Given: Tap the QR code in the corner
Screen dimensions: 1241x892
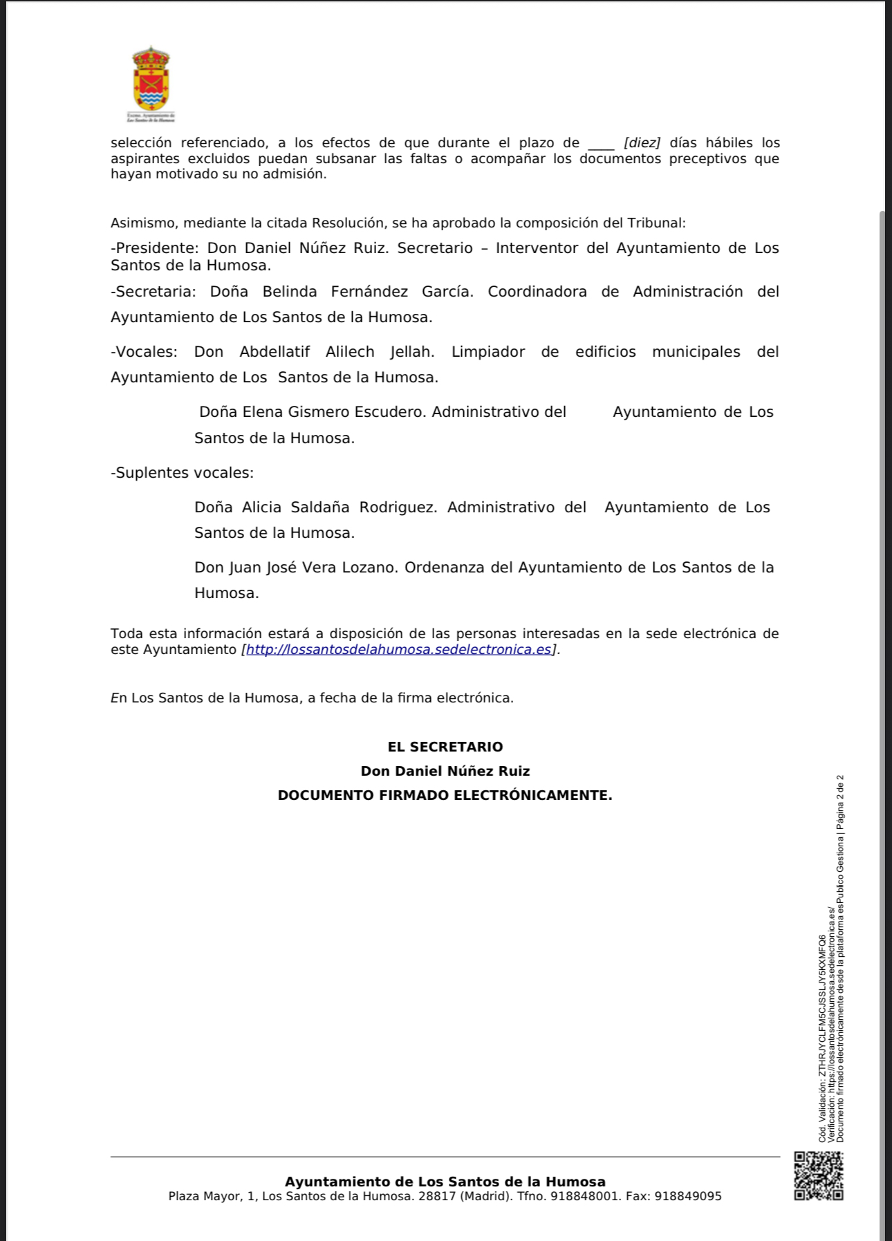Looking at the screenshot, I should click(x=818, y=1175).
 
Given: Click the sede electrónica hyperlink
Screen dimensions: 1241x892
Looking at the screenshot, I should click(x=399, y=650).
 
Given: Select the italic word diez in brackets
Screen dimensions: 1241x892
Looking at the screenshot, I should click(x=642, y=143).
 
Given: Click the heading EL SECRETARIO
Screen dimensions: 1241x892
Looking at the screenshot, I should click(x=445, y=747).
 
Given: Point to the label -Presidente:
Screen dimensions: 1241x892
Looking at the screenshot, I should click(x=155, y=248).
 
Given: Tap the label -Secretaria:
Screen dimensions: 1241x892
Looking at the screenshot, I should click(x=154, y=292).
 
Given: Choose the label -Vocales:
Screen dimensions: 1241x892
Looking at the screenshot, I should click(x=144, y=352).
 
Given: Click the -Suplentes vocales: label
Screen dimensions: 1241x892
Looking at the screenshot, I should click(x=183, y=473).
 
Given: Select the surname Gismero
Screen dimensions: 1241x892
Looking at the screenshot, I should click(x=319, y=412).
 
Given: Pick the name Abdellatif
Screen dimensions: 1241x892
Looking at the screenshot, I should click(x=275, y=352).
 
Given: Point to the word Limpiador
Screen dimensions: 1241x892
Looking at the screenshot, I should click(x=488, y=352).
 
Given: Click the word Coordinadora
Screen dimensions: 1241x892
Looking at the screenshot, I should click(x=537, y=292).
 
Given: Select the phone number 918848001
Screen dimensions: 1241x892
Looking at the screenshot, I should click(x=585, y=1196).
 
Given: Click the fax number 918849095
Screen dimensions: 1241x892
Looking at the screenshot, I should click(x=688, y=1196).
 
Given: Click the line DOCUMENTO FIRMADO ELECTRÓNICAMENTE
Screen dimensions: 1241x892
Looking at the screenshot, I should click(x=445, y=796).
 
